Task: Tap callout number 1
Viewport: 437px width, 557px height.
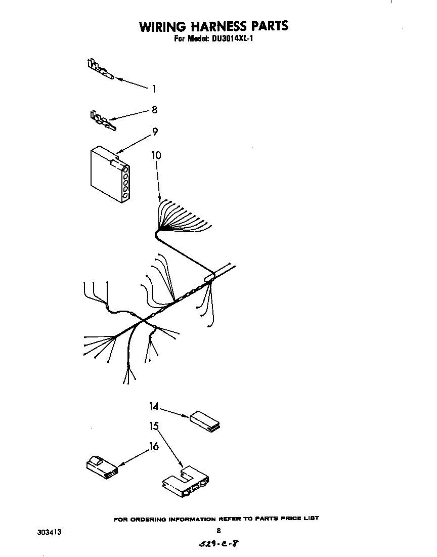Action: pyautogui.click(x=154, y=89)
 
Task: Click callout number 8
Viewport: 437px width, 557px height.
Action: pyautogui.click(x=154, y=109)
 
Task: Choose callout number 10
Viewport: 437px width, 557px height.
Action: pyautogui.click(x=156, y=155)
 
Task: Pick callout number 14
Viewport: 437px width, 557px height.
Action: pyautogui.click(x=154, y=406)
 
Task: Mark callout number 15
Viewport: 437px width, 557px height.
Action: pyautogui.click(x=154, y=426)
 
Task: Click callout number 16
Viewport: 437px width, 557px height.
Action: pyautogui.click(x=154, y=446)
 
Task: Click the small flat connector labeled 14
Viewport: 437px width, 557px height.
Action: pyautogui.click(x=205, y=421)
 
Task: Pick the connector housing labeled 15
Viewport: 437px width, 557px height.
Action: pyautogui.click(x=186, y=481)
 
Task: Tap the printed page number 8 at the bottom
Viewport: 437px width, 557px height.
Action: pyautogui.click(x=219, y=531)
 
